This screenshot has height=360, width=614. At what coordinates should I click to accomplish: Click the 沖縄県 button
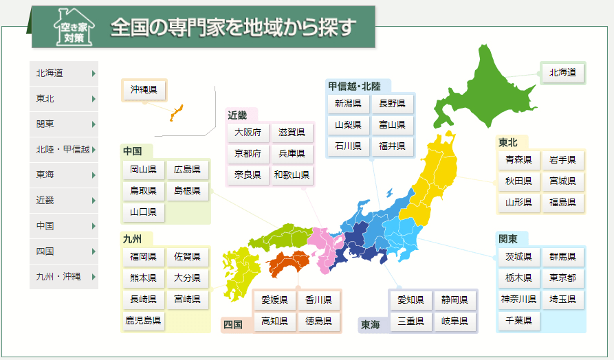[x=144, y=89]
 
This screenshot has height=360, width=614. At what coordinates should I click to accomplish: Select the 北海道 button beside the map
[x=563, y=71]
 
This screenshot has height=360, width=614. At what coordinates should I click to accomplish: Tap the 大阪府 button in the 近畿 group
[x=248, y=132]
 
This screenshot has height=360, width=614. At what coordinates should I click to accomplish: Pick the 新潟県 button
[x=348, y=104]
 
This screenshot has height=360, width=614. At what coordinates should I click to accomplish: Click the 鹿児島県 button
[x=143, y=320]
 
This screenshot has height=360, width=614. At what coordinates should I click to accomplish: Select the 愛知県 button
[x=411, y=300]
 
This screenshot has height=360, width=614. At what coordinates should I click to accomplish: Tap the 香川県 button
[x=318, y=300]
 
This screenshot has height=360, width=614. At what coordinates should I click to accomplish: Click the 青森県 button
[x=518, y=160]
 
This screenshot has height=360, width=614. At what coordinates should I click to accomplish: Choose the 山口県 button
[x=143, y=212]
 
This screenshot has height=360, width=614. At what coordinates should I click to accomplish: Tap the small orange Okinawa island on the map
[x=175, y=113]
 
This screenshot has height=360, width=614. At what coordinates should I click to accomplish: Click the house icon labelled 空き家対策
[x=71, y=27]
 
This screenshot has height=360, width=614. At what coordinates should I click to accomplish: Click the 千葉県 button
[x=518, y=320]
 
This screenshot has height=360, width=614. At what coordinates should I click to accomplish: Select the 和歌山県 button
[x=292, y=175]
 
